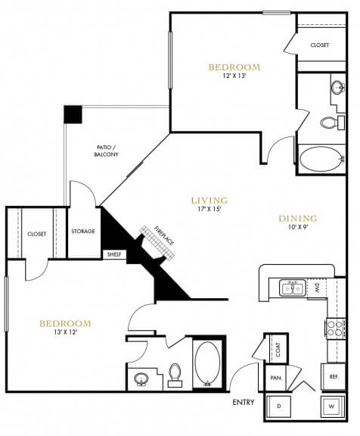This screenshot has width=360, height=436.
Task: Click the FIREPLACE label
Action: point(164,236)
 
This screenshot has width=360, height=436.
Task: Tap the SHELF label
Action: point(114,254)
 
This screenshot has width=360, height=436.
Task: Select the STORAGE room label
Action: point(83,231)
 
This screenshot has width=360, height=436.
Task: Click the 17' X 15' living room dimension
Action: point(209,209)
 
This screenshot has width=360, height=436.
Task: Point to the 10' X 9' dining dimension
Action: point(298,227)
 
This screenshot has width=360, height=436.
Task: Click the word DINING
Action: point(298,219)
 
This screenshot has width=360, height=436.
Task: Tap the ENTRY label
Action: point(244,402)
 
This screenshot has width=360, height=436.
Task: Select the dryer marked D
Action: point(279,406)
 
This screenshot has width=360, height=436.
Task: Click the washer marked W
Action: point(333,406)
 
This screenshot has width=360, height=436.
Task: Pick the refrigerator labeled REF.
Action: point(334,377)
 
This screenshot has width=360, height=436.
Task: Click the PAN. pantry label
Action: point(276,378)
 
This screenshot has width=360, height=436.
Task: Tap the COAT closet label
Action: point(278,349)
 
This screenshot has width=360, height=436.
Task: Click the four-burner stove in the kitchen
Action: point(335,328)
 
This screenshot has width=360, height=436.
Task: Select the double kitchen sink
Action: point(292,288)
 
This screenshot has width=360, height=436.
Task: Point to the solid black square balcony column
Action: point(73,114)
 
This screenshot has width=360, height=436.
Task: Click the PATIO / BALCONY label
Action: point(107,151)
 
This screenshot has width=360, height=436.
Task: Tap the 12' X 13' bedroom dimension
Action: point(234,76)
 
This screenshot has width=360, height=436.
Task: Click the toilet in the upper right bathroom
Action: point(332,122)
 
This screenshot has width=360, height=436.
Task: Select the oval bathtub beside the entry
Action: point(207,363)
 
